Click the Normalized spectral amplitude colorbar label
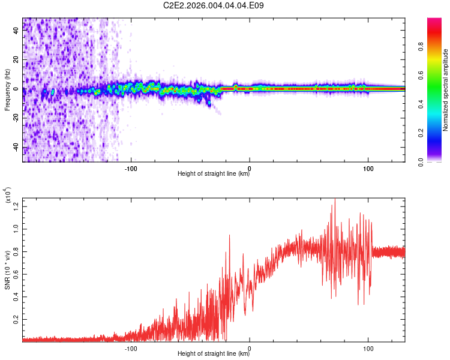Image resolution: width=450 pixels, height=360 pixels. tap(446, 90)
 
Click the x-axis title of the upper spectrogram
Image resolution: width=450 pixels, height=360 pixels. tap(214, 174)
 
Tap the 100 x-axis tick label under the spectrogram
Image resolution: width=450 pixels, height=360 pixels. tap(367, 167)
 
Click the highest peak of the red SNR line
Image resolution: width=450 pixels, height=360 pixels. tap(335, 199)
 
